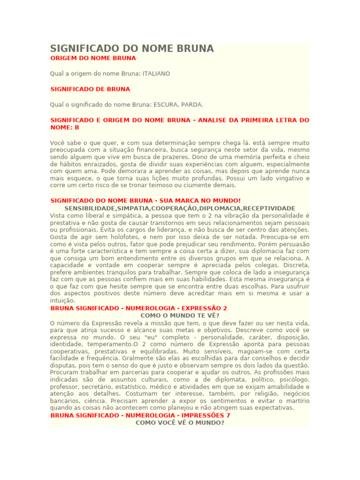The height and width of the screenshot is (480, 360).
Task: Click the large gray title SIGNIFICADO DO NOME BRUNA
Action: pos(132,48)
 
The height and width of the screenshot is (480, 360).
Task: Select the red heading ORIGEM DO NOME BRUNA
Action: pos(93,58)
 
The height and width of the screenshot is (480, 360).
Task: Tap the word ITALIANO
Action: pos(156,74)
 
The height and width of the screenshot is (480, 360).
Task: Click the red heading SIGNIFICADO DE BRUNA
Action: pos(90,89)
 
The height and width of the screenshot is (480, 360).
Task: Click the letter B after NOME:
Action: pos(77,127)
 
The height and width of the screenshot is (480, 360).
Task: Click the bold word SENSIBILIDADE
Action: pos(88,208)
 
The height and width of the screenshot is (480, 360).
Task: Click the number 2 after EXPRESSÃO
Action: pos(225,308)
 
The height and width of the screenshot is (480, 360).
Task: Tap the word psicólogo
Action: pos(294,380)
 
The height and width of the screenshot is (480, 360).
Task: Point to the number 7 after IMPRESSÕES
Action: pos(228,415)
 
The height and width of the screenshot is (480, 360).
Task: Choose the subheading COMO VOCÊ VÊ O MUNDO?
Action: pos(180,422)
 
